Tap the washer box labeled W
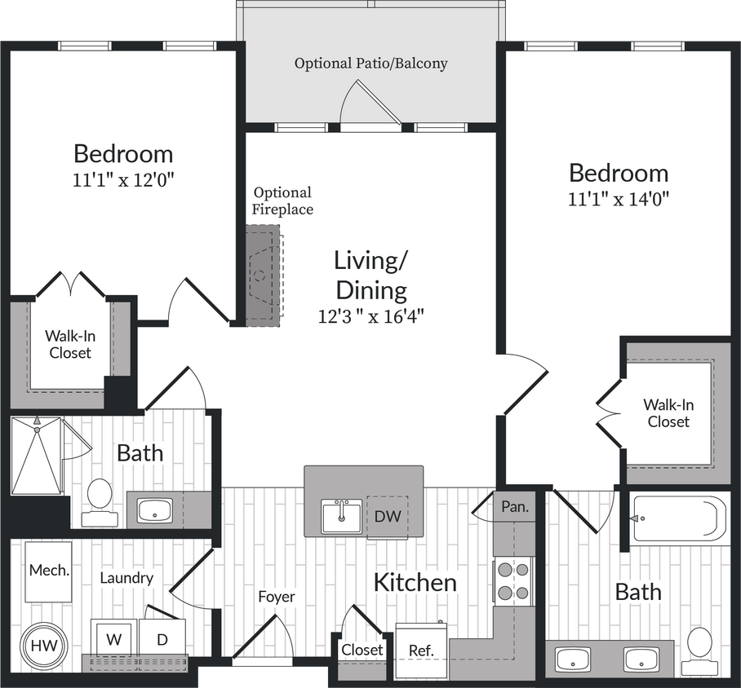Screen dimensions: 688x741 click(113, 639)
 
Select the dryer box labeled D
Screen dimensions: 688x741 click(162, 639)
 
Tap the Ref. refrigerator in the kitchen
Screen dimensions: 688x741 click(420, 651)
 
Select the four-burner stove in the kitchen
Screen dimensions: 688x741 click(513, 581)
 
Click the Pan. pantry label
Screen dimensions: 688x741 click(514, 506)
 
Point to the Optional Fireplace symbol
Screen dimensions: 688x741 click(262, 276)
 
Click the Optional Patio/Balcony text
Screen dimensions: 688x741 click(370, 63)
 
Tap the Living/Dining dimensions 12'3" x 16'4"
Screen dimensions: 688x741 click(371, 316)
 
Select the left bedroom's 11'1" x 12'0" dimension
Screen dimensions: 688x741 click(123, 179)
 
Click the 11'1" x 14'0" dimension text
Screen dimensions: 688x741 click(619, 199)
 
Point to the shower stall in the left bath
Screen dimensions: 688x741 click(37, 455)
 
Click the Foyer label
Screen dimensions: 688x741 click(276, 597)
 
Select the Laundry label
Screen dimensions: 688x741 click(126, 578)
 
